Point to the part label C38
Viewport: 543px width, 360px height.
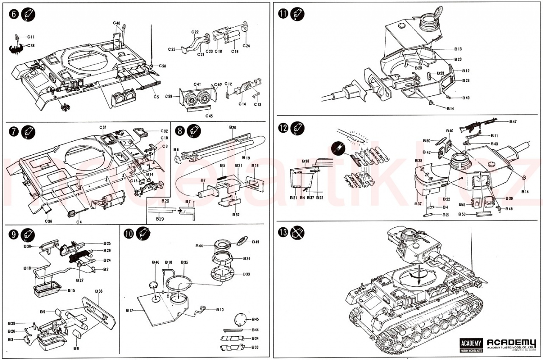[31, 45]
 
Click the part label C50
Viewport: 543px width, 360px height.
[163, 66]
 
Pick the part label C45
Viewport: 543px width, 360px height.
[209, 116]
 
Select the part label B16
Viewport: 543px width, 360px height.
[255, 165]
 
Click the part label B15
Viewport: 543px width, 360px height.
[71, 290]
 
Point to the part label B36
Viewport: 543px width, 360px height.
[99, 291]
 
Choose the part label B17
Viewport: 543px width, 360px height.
[130, 311]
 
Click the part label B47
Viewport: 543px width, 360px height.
[513, 122]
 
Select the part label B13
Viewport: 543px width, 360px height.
[458, 49]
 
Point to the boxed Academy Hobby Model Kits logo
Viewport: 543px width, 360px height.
[471, 345]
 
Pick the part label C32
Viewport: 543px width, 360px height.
[164, 131]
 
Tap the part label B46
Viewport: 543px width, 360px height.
[155, 263]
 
